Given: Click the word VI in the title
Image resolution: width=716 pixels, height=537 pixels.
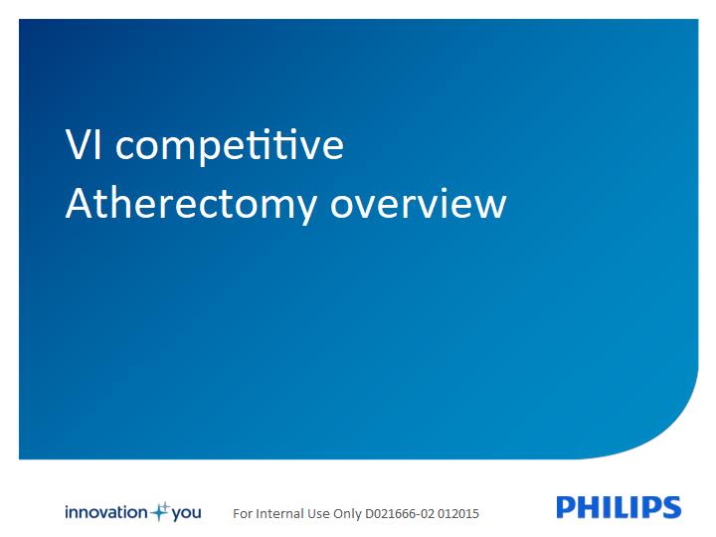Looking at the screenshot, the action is tap(84, 144).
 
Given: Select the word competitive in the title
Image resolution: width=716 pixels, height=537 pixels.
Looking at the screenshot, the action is tap(230, 147).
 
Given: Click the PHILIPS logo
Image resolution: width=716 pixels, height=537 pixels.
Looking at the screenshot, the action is tap(619, 507).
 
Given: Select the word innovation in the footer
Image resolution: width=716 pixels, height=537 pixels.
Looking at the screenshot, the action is tap(106, 512).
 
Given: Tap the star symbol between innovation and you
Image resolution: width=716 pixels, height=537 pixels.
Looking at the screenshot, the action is tap(160, 512).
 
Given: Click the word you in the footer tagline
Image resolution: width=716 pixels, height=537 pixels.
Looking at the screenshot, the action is tap(187, 513).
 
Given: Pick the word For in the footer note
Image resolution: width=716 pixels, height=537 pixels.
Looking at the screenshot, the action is tap(243, 514).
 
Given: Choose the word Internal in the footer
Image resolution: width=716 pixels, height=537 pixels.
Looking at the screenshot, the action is tap(279, 514).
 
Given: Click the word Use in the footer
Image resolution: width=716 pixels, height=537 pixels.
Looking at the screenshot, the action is tap(319, 514).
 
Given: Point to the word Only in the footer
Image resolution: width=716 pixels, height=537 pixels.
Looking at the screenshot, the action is tap(347, 515).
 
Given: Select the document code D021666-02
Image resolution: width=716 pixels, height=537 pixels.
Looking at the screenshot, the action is tap(400, 514).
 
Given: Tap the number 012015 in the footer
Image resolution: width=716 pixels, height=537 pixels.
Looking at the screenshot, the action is tap(458, 514).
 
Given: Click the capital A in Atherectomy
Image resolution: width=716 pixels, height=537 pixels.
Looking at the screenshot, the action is tap(80, 203).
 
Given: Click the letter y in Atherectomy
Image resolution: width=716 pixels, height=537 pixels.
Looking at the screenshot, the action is tap(305, 209).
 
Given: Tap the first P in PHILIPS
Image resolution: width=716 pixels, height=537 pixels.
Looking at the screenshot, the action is tap(566, 507).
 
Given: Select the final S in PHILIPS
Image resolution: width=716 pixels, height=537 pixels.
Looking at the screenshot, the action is tap(672, 507).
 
